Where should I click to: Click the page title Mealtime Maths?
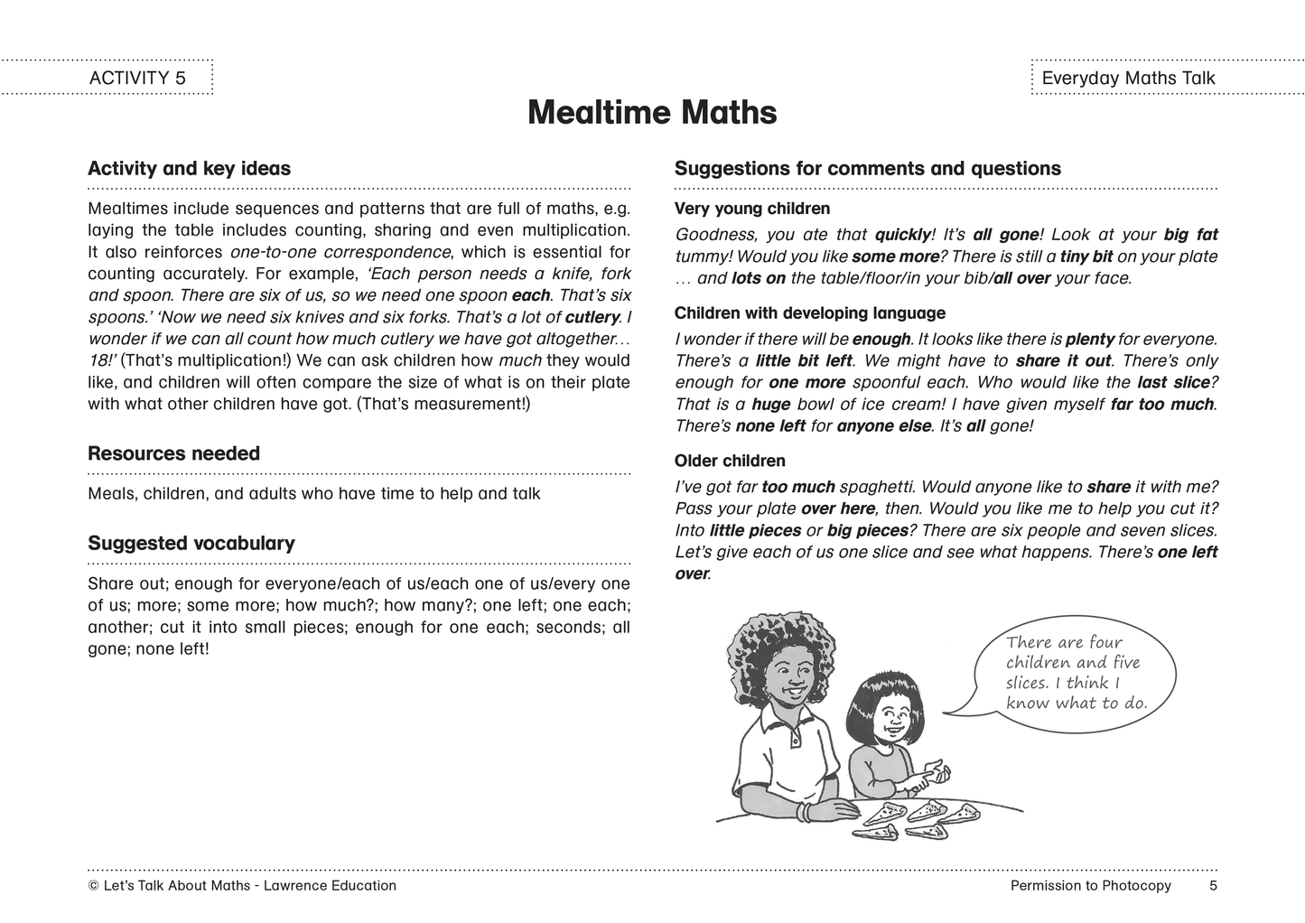(651, 113)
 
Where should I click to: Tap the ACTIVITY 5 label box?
(137, 78)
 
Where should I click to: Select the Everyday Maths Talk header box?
(1128, 78)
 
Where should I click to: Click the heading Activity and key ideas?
(189, 169)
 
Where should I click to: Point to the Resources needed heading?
(173, 453)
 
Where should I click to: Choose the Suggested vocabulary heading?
(191, 543)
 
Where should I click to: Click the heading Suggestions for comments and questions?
(867, 169)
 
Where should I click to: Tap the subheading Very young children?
(751, 209)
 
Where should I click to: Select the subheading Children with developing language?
(809, 313)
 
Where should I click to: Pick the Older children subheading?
(730, 461)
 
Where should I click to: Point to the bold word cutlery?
(592, 317)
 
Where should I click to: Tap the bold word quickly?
(902, 235)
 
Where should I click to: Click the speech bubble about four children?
(1074, 672)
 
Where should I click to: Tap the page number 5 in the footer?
(1213, 885)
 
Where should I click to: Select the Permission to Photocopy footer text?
(1090, 885)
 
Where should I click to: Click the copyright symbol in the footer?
(93, 886)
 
